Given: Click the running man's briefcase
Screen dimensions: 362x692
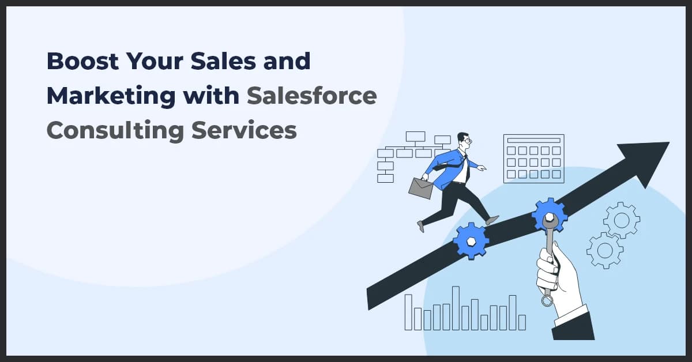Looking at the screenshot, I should pos(421,187).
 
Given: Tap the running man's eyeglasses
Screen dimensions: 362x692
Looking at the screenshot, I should pos(467,140).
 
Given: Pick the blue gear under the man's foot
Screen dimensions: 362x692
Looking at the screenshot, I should pos(471,240).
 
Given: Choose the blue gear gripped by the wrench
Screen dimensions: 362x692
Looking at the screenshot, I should pos(549,215).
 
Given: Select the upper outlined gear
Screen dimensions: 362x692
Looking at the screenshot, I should pos(621,220).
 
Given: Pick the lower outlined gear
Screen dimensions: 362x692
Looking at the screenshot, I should pos(604,250).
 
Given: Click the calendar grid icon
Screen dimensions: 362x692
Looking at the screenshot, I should pos(533,159).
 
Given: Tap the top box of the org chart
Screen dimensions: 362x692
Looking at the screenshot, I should pos(415,137).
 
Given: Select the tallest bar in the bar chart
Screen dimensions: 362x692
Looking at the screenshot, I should pos(456,308).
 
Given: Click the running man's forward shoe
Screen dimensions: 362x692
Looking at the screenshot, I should pos(491,220).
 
